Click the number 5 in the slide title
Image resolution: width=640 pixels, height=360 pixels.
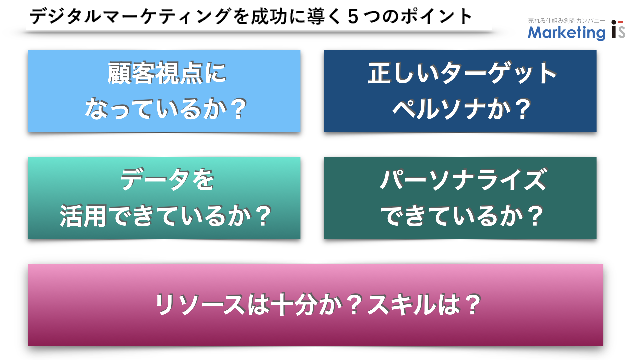coord(353,17)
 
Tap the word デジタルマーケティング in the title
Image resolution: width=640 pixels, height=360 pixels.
coord(130,16)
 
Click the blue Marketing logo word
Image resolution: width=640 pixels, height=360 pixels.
coord(567,33)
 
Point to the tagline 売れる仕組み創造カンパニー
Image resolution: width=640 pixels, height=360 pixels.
coord(567,21)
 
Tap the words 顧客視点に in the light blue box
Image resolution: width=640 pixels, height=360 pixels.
coord(167,73)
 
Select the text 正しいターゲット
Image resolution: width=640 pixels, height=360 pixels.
coord(462,73)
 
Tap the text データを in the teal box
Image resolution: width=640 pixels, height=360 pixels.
coord(167,180)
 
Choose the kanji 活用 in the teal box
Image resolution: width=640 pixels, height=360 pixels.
coord(83,216)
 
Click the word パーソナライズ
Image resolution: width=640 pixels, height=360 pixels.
coord(464,180)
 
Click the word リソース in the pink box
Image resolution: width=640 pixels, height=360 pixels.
coord(200,304)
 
